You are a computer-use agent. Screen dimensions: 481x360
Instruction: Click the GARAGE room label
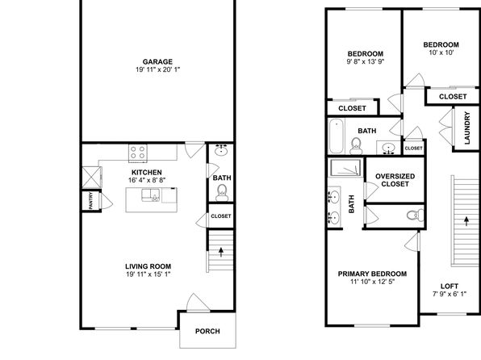157,61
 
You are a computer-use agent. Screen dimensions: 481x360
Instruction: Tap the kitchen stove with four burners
138,153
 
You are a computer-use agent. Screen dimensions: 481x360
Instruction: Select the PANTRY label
91,201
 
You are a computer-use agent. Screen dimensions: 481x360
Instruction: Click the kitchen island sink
151,195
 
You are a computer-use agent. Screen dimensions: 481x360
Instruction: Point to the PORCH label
207,331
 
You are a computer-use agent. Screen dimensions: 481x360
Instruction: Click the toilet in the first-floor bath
221,193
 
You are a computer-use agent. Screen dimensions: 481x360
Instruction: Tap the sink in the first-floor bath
220,150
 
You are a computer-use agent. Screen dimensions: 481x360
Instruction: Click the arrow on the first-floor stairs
221,252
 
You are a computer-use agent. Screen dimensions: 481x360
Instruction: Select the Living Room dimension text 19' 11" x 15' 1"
148,274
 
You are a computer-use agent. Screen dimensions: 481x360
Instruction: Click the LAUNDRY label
467,128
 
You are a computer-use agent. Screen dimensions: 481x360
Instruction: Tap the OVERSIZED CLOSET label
395,180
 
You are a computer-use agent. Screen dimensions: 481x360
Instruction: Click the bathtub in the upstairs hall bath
337,136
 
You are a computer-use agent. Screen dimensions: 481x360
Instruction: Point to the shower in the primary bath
345,168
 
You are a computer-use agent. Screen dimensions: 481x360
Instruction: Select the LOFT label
450,287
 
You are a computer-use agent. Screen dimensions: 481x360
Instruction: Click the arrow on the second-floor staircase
466,221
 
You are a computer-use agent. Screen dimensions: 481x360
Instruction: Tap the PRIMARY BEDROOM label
372,274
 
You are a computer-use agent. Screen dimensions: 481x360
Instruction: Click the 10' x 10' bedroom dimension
441,52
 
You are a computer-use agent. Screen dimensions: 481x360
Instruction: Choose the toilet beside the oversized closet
416,215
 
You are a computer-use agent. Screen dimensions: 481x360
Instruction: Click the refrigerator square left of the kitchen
92,177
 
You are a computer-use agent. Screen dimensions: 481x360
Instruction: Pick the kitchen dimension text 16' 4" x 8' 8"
147,180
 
